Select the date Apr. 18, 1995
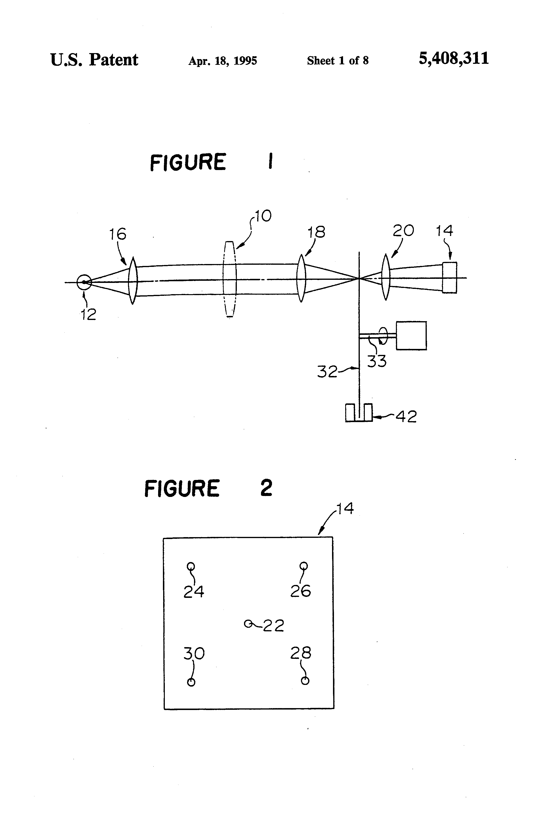tap(222, 61)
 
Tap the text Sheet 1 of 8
tap(338, 61)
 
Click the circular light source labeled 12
tap(84, 282)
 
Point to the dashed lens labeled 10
tap(229, 279)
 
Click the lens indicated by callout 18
tap(301, 278)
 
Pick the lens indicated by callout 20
tap(386, 277)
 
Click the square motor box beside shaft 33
tap(411, 336)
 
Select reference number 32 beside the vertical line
tap(327, 372)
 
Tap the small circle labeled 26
tap(304, 566)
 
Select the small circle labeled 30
tap(191, 682)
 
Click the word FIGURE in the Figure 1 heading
tap(188, 162)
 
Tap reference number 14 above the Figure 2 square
tap(345, 508)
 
